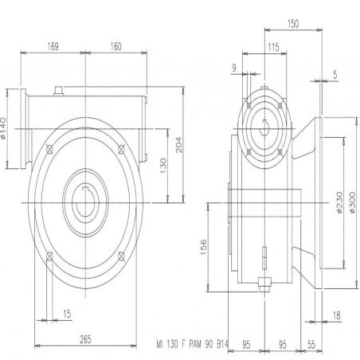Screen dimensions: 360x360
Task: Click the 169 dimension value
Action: [53, 46]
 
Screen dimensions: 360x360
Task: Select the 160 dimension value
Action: [115, 46]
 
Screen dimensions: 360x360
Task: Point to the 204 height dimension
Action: [179, 145]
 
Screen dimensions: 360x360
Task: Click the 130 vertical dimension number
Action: [163, 166]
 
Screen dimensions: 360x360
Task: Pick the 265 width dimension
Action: [85, 339]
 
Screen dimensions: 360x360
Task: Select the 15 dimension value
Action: [67, 314]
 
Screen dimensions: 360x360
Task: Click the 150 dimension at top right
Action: [293, 24]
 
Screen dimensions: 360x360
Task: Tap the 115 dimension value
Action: [273, 47]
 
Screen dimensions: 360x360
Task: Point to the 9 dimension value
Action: [234, 68]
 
